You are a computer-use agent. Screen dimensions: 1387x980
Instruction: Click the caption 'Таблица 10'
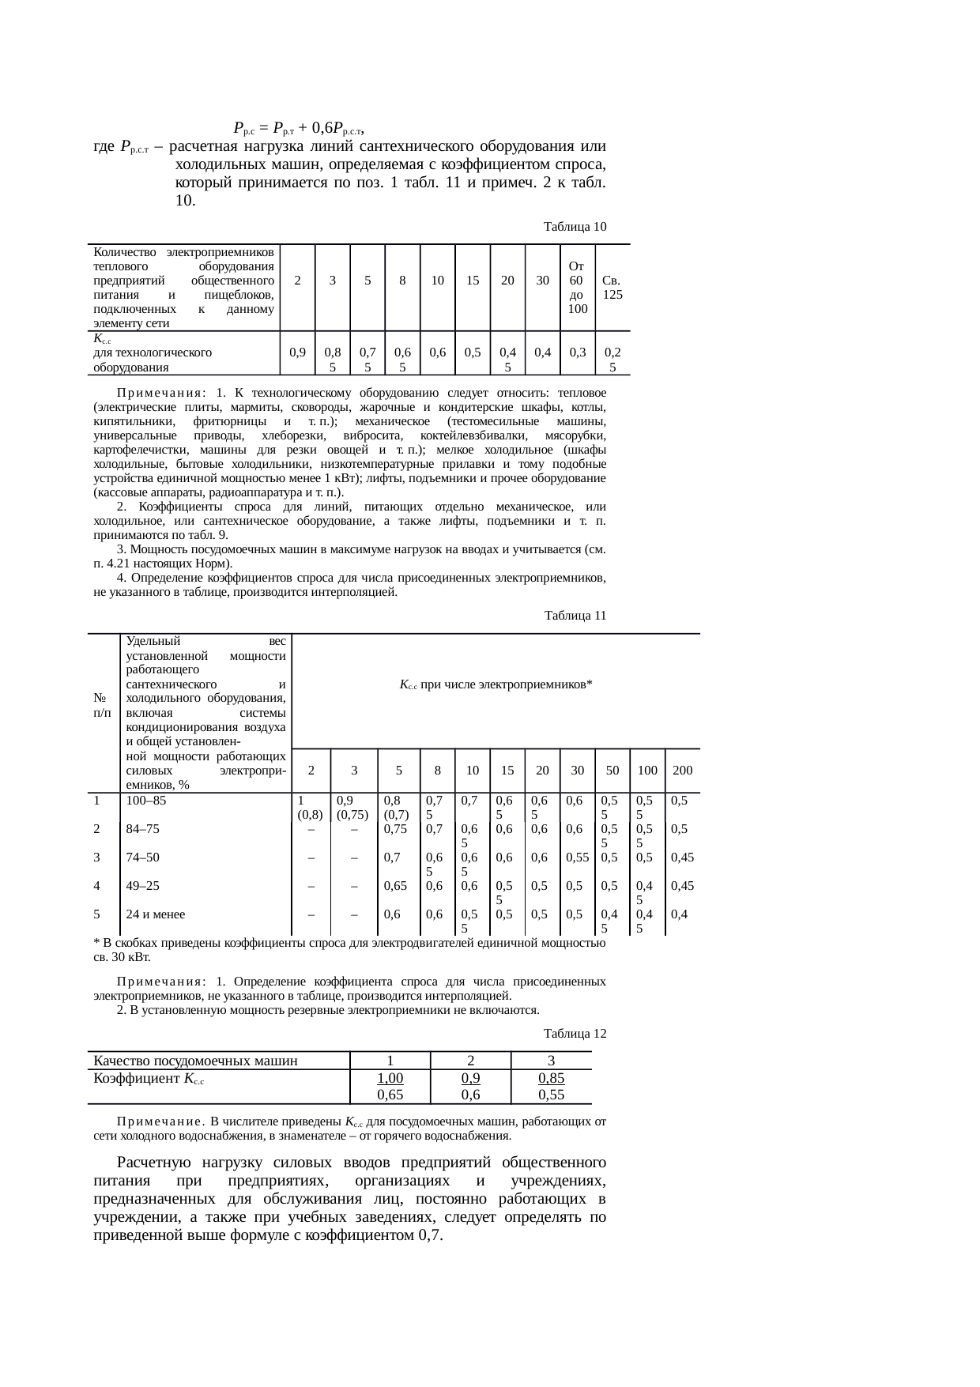pos(575,227)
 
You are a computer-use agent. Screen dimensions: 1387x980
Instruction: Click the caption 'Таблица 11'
pos(575,616)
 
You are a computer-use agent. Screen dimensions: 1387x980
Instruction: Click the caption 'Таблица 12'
pos(575,1034)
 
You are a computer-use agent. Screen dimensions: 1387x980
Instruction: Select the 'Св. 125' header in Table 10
pos(612,287)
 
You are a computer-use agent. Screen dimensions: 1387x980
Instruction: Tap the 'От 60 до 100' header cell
pos(578,288)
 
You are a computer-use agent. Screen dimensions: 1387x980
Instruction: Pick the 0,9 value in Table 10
pos(298,352)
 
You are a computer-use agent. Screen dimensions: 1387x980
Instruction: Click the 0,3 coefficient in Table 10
pos(578,352)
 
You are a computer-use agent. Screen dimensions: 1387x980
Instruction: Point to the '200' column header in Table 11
pos(682,770)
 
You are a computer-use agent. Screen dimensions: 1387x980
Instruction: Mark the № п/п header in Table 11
pos(101,705)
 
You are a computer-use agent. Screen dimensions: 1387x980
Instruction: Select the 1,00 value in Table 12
pos(390,1079)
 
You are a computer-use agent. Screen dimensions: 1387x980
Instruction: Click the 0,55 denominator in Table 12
pos(551,1095)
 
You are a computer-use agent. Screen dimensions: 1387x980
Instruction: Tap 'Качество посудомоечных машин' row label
pos(195,1061)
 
